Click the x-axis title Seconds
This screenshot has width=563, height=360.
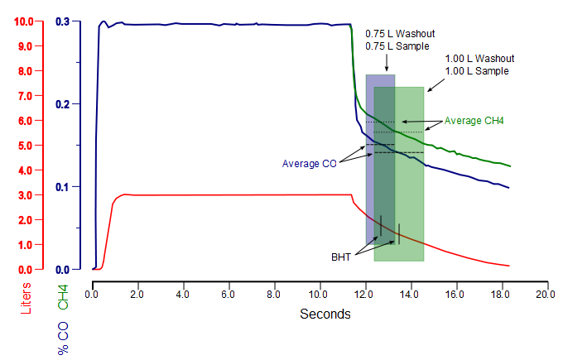point(325,314)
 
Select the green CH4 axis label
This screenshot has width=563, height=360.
point(63,295)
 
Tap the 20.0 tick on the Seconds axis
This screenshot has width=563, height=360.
point(545,294)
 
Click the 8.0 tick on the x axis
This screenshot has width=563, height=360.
point(273,294)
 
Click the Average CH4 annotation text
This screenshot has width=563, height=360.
point(474,121)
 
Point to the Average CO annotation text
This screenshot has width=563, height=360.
point(309,163)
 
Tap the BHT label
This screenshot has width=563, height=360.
point(341,257)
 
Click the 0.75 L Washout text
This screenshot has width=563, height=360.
point(400,34)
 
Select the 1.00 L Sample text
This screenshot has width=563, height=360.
point(477,71)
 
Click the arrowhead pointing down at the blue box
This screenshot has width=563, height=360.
point(387,69)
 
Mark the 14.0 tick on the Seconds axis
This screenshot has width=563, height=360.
point(409,294)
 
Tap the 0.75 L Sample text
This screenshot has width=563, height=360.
point(397,46)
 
